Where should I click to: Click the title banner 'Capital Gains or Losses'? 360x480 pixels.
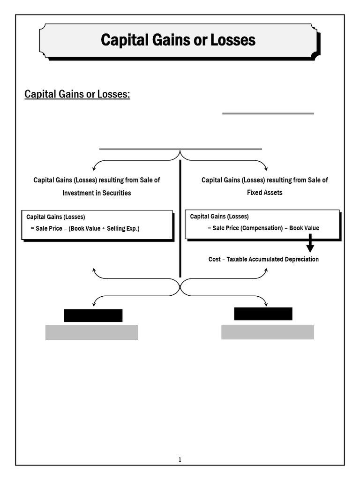[178, 40]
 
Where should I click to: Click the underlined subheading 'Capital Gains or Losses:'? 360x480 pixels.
[77, 94]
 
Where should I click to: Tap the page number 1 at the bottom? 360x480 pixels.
[180, 459]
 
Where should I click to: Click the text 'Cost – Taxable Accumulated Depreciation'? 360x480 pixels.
[263, 259]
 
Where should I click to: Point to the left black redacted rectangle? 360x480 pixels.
[93, 315]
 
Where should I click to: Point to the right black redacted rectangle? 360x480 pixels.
[263, 314]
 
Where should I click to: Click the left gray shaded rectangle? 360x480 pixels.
[91, 332]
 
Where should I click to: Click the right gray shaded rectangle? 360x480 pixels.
[267, 332]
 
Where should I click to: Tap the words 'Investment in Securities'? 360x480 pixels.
[97, 193]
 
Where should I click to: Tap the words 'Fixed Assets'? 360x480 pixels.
[264, 193]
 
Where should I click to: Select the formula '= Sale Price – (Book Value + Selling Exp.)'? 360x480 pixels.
[85, 228]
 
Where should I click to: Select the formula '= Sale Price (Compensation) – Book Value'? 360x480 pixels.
[263, 228]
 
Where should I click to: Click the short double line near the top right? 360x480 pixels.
[268, 113]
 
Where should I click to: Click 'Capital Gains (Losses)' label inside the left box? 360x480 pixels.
[56, 217]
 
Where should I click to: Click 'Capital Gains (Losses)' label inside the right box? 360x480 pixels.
[219, 217]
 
